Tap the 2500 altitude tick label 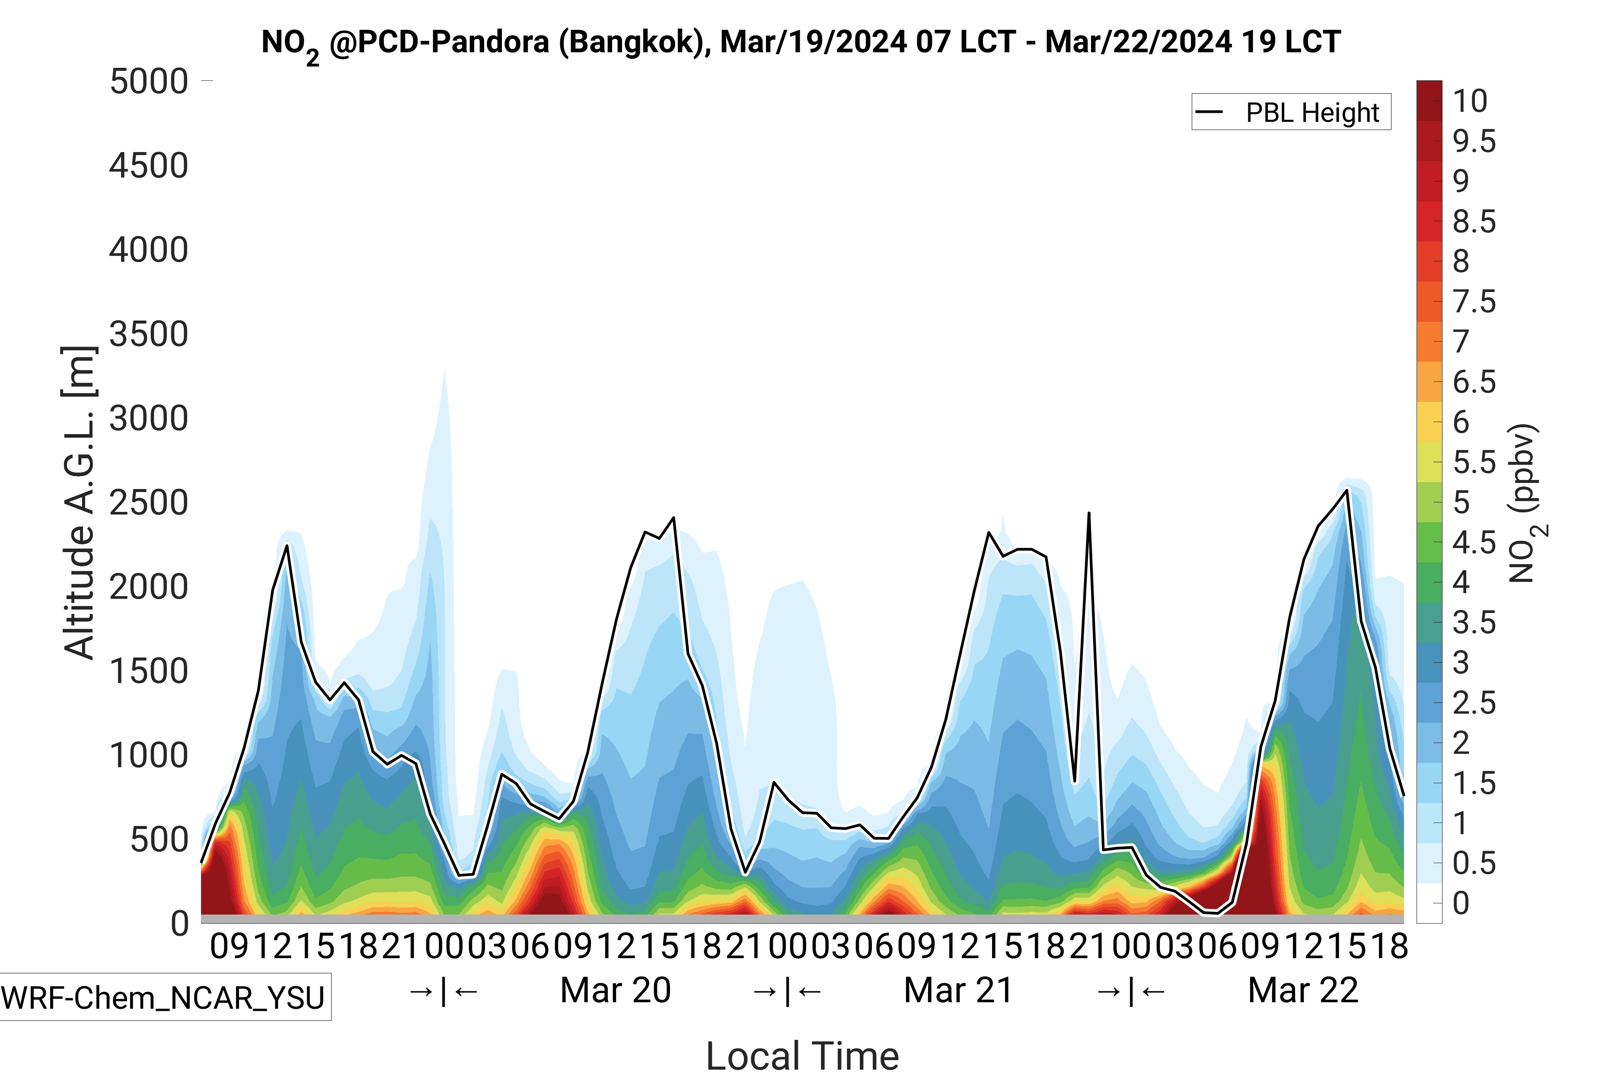(149, 503)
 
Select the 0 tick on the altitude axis (179, 924)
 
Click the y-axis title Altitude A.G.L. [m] (79, 503)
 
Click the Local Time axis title (802, 1055)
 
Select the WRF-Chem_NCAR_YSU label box (163, 997)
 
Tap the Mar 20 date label (616, 991)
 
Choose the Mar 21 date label (958, 991)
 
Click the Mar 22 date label (1302, 991)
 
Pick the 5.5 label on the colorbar (1474, 463)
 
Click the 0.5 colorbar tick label (1474, 863)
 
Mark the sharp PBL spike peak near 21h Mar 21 (1088, 513)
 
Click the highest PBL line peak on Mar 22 (1347, 490)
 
